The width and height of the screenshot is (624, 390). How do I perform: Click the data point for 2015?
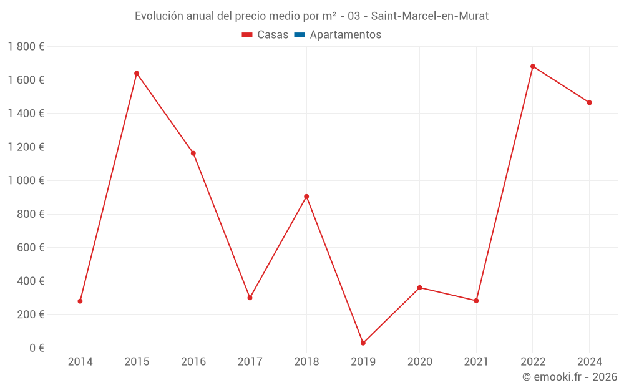(x=137, y=74)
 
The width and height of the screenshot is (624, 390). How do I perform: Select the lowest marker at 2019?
(x=363, y=343)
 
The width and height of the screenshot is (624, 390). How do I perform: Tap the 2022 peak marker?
(x=533, y=66)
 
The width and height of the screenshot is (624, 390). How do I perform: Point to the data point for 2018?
(x=306, y=197)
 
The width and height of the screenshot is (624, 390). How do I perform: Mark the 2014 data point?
(x=80, y=301)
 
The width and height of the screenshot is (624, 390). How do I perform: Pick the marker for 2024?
(x=590, y=103)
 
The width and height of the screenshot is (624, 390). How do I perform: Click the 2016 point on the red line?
(x=193, y=154)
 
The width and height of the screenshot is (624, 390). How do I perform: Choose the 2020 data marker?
(x=420, y=288)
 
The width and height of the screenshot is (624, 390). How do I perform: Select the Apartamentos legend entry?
(x=345, y=35)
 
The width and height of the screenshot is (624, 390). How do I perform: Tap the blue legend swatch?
(x=299, y=35)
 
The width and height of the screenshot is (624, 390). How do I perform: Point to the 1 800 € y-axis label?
(x=26, y=47)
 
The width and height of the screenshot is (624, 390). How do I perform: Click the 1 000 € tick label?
(x=26, y=181)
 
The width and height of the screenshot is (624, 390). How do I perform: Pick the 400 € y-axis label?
(x=29, y=281)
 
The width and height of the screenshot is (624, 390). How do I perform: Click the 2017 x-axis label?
(x=250, y=362)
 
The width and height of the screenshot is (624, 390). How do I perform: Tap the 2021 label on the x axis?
(x=476, y=362)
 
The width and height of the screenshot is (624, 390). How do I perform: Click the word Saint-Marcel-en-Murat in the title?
(x=430, y=16)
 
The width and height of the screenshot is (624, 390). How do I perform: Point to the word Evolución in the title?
(x=158, y=16)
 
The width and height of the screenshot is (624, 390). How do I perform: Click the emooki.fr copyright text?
(x=570, y=377)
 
